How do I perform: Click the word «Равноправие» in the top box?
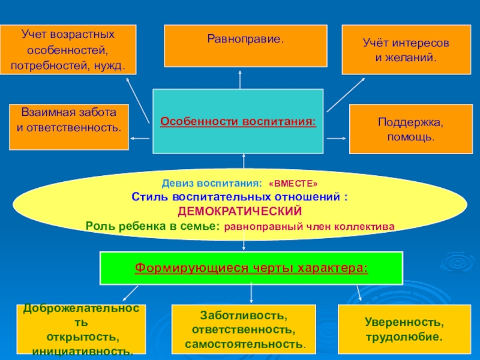click(244, 39)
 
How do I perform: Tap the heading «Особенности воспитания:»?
click(238, 122)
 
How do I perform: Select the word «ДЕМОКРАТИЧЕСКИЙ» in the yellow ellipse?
click(239, 211)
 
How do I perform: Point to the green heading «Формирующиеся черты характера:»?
click(251, 268)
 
